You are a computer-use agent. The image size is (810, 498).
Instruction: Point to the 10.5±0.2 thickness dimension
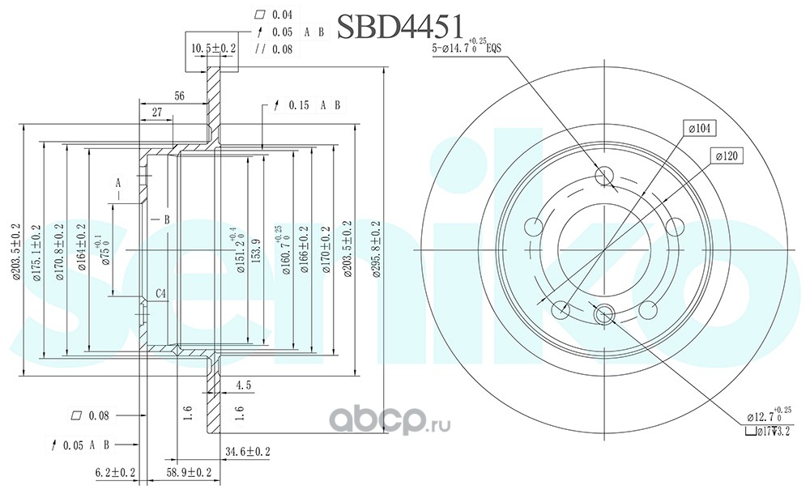point(214,48)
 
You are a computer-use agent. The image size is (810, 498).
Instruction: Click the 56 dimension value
point(179,96)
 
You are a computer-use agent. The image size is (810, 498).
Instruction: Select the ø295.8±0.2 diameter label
point(375,250)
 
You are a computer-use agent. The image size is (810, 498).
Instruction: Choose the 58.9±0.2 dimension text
point(188,472)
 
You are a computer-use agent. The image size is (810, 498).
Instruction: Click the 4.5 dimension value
point(242,384)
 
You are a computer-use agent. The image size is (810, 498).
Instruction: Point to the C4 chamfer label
point(161,293)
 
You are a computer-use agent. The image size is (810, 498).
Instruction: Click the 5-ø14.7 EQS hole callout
point(468,49)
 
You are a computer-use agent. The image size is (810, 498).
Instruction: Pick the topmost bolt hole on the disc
point(604,177)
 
